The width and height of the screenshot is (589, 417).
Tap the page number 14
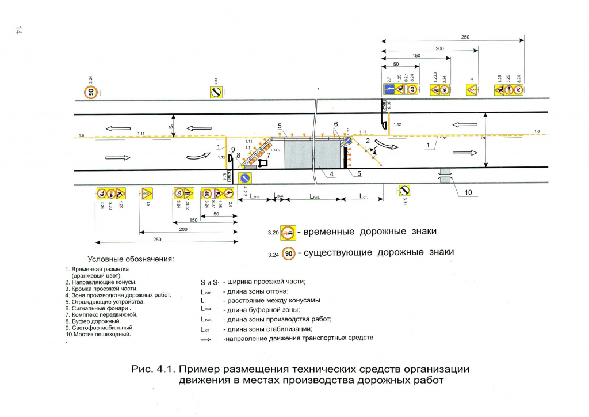click(x=19, y=31)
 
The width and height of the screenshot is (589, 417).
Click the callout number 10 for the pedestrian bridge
click(x=468, y=194)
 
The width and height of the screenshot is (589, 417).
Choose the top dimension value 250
click(x=465, y=37)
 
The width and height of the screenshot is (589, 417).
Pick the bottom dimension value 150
click(x=193, y=220)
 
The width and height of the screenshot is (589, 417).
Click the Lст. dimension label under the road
click(x=364, y=196)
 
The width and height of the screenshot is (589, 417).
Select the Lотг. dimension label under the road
click(x=254, y=196)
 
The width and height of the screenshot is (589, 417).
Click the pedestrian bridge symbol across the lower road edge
click(x=445, y=175)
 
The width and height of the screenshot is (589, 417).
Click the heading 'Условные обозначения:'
click(x=130, y=260)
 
